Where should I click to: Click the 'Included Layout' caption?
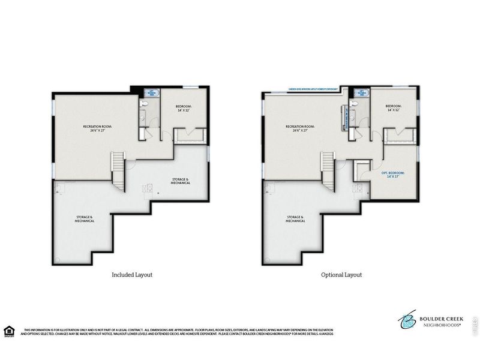(132, 275)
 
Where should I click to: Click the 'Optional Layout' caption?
(341, 275)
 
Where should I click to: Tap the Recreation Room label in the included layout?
(97, 128)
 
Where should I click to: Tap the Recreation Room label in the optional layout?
(301, 128)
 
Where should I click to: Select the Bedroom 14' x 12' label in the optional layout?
(397, 109)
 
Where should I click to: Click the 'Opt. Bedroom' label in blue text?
(393, 175)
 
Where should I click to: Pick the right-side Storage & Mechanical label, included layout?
(179, 181)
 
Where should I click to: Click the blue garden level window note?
(314, 88)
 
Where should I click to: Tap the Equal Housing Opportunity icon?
(8, 331)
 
